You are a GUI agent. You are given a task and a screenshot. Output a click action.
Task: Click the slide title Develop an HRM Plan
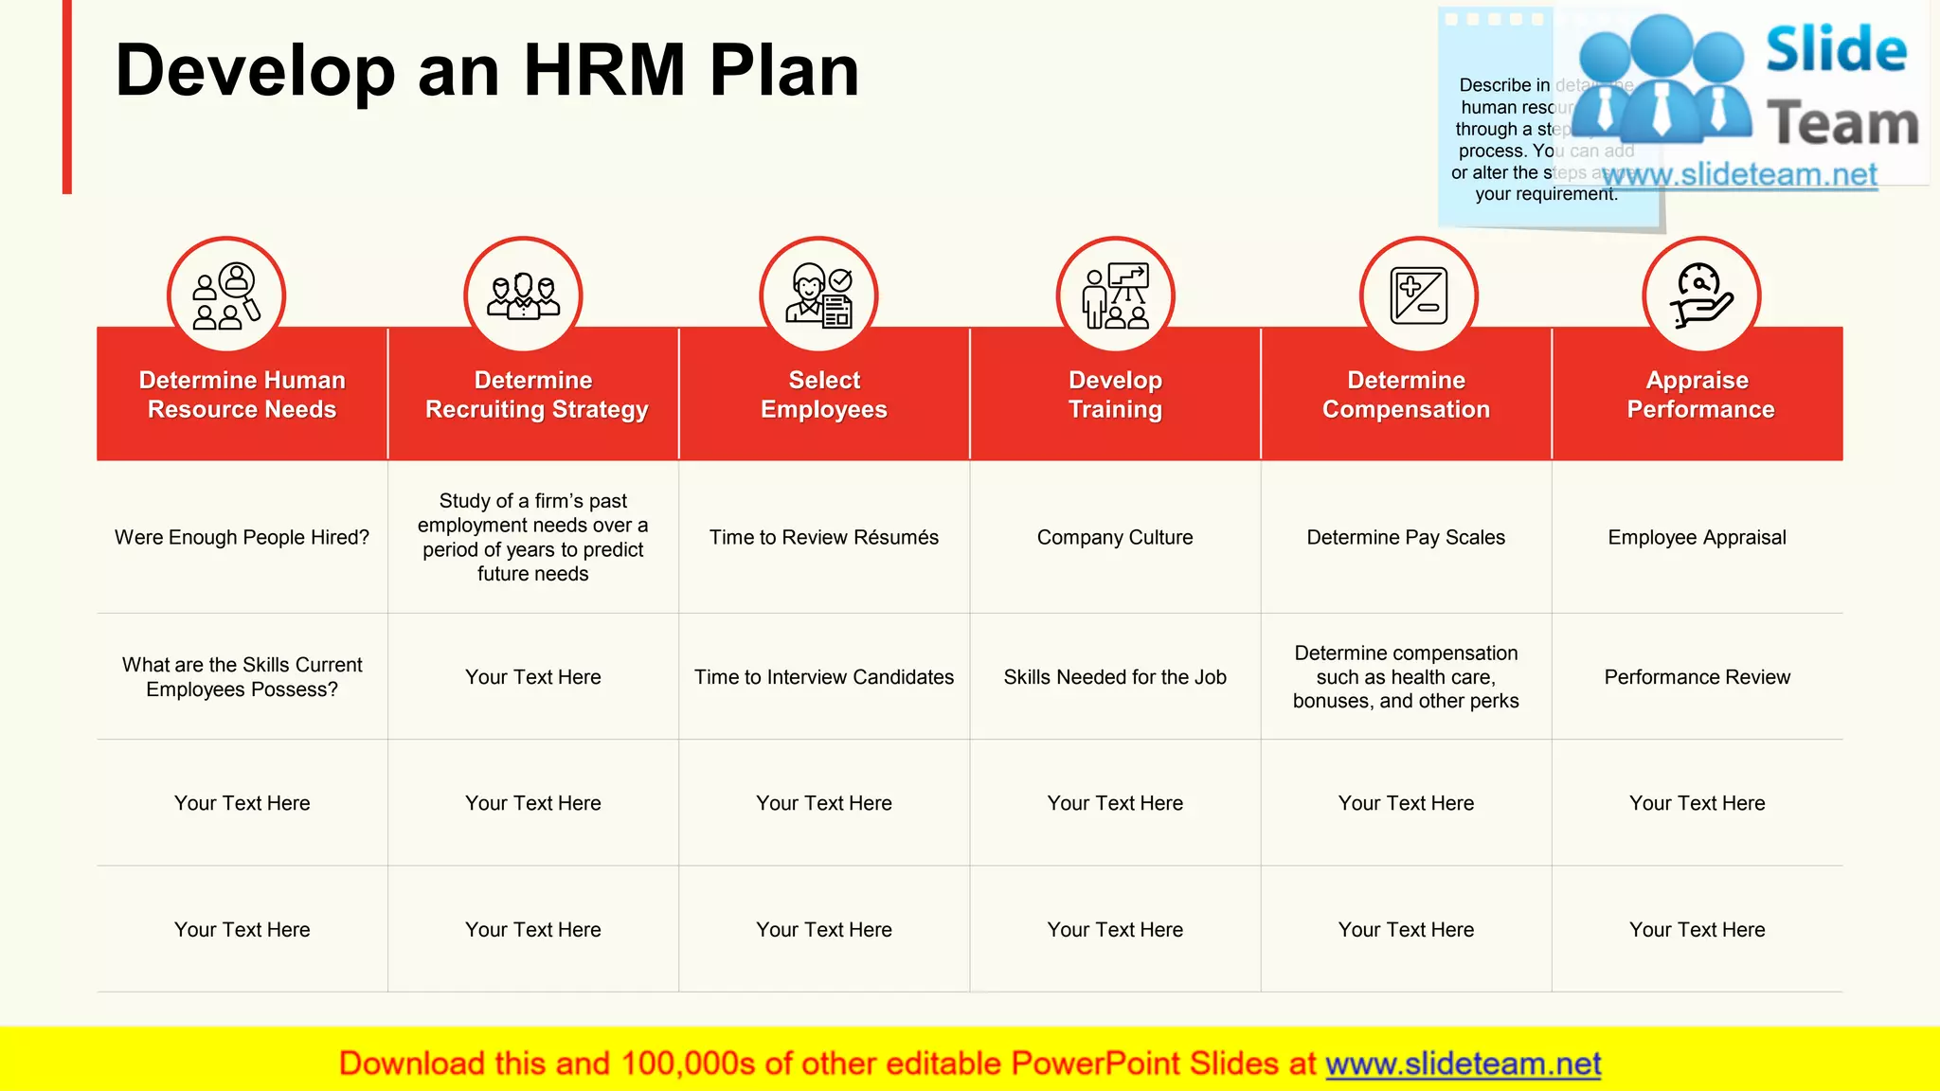(487, 71)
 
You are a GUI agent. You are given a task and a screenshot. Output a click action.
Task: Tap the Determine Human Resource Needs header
(242, 395)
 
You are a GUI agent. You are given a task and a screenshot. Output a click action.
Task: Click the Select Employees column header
(824, 395)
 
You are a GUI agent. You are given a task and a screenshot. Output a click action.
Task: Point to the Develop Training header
(1115, 395)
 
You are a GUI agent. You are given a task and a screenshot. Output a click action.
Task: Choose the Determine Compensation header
(1406, 395)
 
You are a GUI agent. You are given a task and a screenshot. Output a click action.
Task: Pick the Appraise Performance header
(1698, 395)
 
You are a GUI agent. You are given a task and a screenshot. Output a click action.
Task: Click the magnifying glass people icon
(226, 295)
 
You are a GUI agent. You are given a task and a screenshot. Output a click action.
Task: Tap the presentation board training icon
(1115, 295)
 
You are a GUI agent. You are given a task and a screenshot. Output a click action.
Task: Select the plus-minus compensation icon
(1418, 295)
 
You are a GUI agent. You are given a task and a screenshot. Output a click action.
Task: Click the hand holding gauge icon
(1701, 295)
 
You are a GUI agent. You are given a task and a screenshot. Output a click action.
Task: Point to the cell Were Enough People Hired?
(242, 538)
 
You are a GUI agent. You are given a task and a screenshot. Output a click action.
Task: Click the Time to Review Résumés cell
(824, 538)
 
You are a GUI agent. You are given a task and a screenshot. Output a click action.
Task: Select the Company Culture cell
(1115, 538)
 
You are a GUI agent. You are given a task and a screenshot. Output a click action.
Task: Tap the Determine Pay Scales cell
(1406, 538)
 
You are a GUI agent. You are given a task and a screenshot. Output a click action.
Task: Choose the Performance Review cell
(1697, 677)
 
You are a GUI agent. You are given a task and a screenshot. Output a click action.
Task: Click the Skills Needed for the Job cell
(1115, 677)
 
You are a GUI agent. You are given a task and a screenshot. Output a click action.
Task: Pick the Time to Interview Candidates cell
(824, 677)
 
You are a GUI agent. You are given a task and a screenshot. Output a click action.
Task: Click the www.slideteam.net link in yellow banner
(1463, 1064)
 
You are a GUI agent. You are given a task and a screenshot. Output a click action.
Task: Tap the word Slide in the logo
(1836, 50)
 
